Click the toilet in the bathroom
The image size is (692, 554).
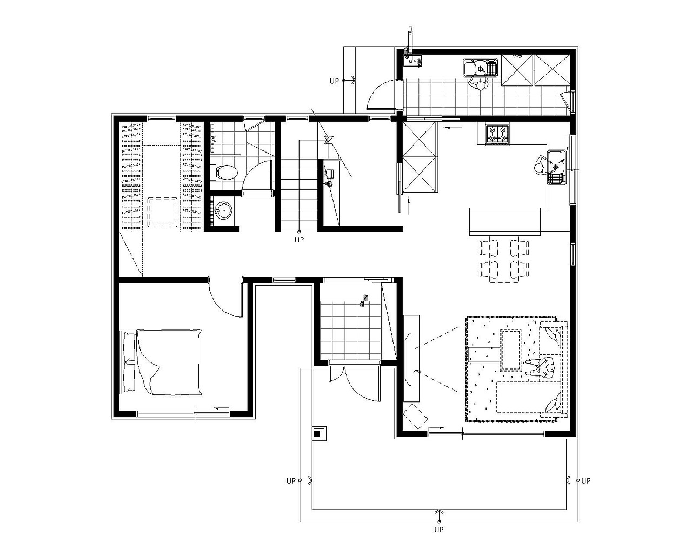(224, 173)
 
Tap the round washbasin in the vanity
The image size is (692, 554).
(223, 210)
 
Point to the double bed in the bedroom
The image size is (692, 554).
(161, 362)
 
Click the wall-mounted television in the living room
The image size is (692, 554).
(409, 359)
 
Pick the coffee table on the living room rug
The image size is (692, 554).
(511, 349)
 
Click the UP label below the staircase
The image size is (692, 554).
(299, 240)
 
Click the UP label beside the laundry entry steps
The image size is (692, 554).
(334, 81)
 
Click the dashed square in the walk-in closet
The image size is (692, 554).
(162, 213)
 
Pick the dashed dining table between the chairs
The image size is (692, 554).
(503, 260)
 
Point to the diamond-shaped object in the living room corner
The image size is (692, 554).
(415, 417)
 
